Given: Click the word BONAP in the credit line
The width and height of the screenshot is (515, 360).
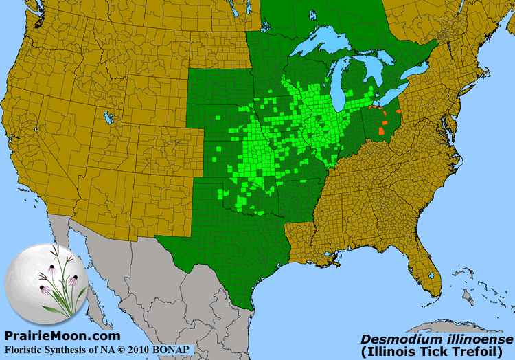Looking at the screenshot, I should [171, 350].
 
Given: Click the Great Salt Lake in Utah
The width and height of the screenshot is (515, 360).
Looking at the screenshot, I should [107, 117].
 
